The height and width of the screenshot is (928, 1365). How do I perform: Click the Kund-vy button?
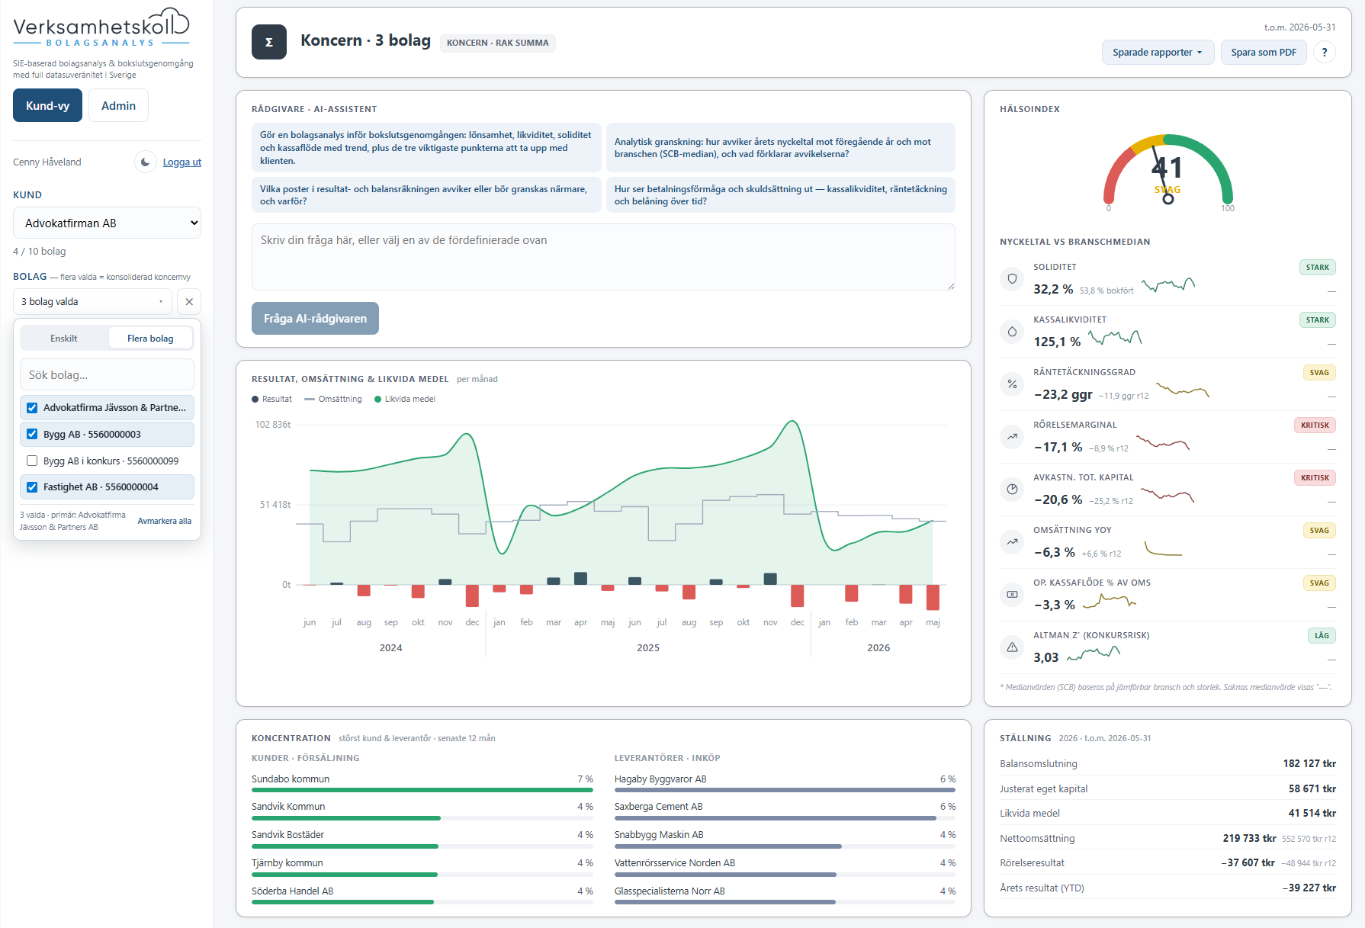(x=47, y=105)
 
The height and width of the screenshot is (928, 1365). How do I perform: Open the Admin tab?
(x=118, y=105)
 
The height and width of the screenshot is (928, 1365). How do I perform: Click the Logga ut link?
(x=182, y=162)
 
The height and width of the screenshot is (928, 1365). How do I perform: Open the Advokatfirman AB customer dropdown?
(x=107, y=223)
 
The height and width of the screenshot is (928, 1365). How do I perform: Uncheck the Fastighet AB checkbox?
(x=32, y=487)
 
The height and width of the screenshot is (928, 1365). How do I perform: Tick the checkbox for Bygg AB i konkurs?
(x=32, y=461)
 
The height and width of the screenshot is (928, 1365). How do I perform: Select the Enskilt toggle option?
(x=64, y=338)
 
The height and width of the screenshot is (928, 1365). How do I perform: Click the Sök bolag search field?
(x=107, y=375)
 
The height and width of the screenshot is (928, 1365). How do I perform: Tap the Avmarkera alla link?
(x=164, y=521)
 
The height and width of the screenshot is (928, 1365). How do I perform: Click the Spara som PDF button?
(x=1264, y=52)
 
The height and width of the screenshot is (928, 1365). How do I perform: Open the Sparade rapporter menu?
(x=1158, y=52)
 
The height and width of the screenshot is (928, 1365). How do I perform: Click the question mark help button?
(x=1325, y=52)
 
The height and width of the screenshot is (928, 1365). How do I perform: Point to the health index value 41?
(x=1167, y=167)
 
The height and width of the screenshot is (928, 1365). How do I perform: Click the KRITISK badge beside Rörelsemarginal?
(x=1315, y=425)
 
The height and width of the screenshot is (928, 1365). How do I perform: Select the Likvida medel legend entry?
(x=405, y=399)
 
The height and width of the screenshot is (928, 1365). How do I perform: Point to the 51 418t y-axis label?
(x=275, y=505)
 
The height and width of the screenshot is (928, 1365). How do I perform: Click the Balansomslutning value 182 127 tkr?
(x=1309, y=763)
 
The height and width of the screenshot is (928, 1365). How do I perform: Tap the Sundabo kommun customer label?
(x=291, y=779)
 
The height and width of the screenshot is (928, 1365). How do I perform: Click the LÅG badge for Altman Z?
(x=1322, y=635)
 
